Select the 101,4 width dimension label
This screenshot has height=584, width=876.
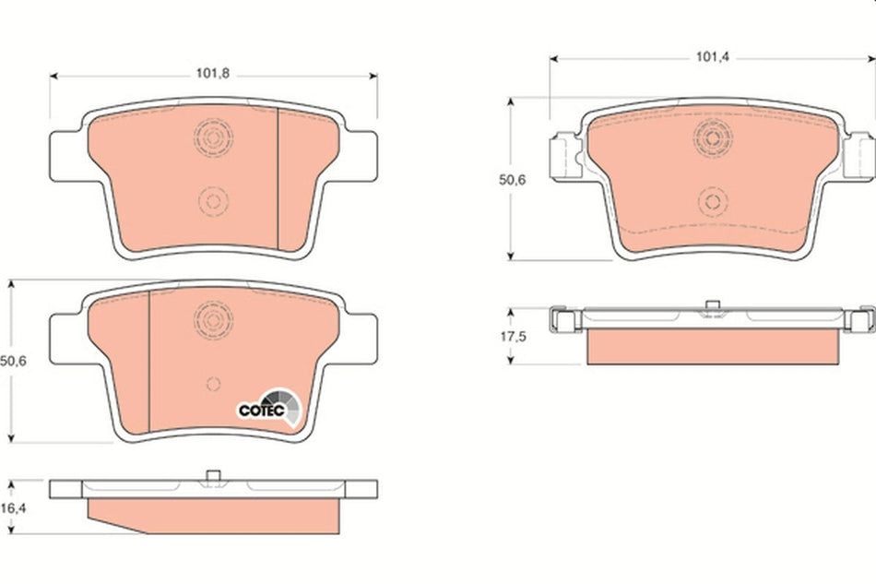tap(712, 56)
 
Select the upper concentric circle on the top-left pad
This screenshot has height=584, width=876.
tap(213, 137)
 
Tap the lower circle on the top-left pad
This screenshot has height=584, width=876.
tap(213, 200)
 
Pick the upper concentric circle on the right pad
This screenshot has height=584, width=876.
tap(712, 138)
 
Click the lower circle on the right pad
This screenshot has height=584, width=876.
tap(712, 201)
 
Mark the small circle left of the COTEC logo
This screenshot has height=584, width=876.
tap(213, 385)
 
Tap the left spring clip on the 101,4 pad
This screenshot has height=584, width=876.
tap(563, 154)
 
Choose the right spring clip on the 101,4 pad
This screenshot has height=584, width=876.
tap(859, 154)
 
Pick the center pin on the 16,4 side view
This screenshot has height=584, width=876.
tap(212, 476)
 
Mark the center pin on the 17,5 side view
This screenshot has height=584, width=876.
tap(711, 306)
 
